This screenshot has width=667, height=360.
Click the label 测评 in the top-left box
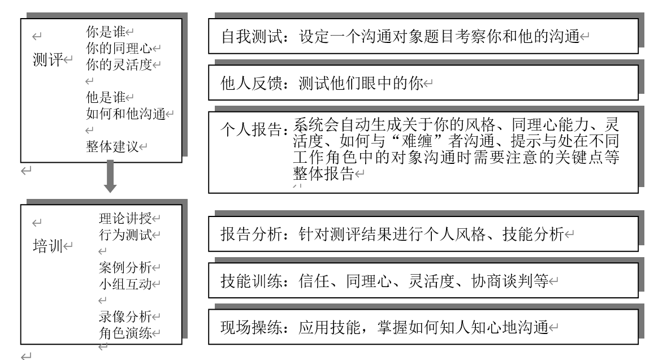click(x=48, y=59)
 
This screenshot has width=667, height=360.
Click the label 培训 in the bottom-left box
click(x=48, y=246)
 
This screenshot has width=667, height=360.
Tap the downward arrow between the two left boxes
click(x=110, y=176)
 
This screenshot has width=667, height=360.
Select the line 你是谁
click(x=106, y=32)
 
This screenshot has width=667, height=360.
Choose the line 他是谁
click(x=106, y=97)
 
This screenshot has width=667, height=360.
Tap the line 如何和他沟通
click(x=125, y=114)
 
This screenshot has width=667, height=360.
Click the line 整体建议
click(x=112, y=147)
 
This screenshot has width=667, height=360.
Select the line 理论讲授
click(x=125, y=218)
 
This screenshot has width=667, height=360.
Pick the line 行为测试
click(x=125, y=235)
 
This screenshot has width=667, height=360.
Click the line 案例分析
click(x=125, y=267)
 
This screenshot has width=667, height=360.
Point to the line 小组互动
click(x=125, y=284)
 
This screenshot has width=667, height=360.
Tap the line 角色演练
click(x=125, y=333)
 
